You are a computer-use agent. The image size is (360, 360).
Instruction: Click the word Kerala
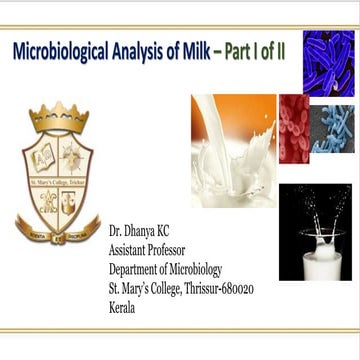[x=123, y=306]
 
